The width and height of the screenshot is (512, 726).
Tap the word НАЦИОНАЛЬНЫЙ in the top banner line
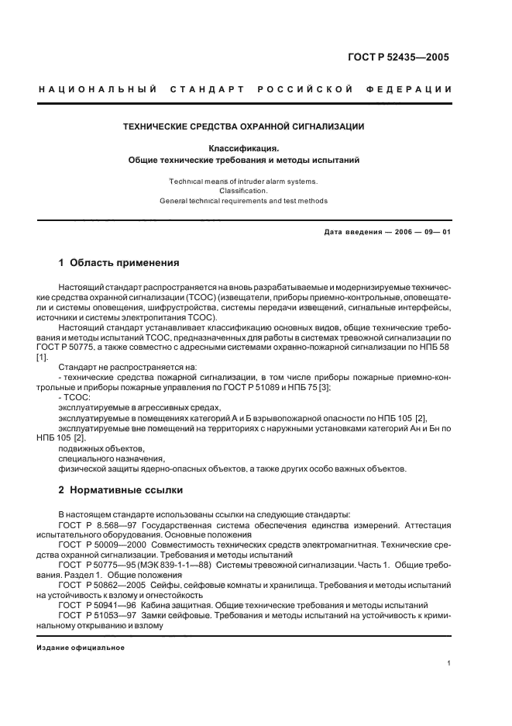click(92, 89)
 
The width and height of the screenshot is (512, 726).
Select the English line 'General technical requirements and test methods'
click(243, 201)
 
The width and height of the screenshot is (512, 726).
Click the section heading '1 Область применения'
click(119, 262)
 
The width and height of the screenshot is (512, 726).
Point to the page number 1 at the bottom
click(449, 663)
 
